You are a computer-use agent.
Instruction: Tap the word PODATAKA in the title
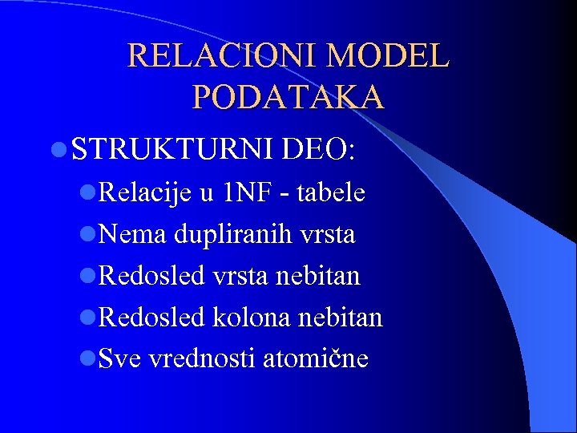point(288,97)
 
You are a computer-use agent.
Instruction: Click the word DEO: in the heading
point(318,148)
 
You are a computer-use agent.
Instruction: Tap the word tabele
point(329,193)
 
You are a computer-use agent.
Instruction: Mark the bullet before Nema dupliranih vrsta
point(87,236)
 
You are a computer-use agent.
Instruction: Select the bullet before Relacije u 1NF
point(87,194)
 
